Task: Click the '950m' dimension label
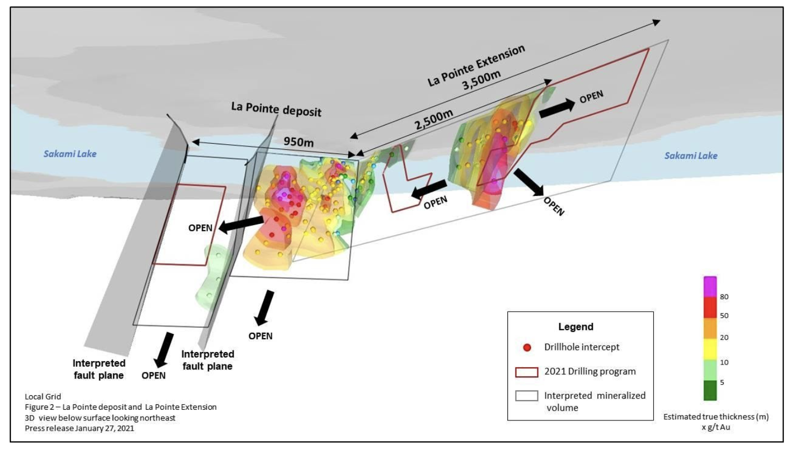(299, 142)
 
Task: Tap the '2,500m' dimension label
(434, 120)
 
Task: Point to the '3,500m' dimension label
(482, 81)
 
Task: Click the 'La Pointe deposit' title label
(276, 109)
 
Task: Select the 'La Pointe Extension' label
(476, 66)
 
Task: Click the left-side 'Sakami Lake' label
(70, 154)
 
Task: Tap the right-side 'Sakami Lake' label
(691, 156)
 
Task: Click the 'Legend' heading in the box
(576, 327)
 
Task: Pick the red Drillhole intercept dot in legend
(527, 347)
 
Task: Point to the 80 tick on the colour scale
(724, 297)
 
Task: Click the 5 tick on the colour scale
(722, 382)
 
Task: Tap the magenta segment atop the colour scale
(710, 286)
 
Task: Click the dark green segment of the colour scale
(710, 390)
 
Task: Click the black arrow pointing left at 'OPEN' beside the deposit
(242, 224)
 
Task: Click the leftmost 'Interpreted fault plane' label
(99, 369)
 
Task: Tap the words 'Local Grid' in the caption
(43, 397)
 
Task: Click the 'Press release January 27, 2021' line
(79, 429)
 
